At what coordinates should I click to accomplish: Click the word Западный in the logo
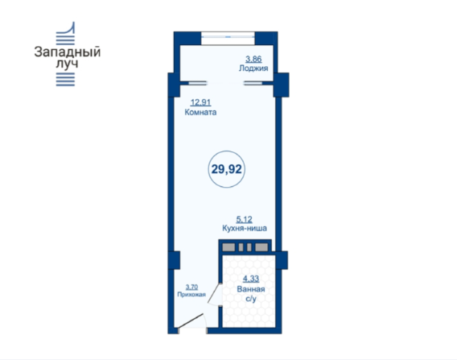click(68, 52)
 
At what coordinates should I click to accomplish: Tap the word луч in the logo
click(67, 64)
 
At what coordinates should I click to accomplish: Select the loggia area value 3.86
click(253, 60)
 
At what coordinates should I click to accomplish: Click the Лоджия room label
click(253, 68)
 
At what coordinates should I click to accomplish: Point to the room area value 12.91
click(201, 102)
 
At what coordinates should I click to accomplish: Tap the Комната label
click(200, 112)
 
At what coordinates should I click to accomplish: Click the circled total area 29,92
click(226, 169)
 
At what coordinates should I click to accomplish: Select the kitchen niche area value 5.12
click(245, 219)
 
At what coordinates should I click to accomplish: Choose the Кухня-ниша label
click(245, 228)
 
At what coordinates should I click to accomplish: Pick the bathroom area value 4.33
click(251, 279)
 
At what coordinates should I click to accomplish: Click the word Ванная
click(251, 289)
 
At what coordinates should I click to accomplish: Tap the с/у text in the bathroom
click(251, 299)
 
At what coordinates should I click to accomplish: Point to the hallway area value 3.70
click(191, 287)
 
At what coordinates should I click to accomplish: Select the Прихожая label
click(191, 295)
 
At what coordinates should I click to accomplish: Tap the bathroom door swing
click(214, 294)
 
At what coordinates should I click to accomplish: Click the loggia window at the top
click(228, 37)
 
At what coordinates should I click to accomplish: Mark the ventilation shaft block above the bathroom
click(245, 246)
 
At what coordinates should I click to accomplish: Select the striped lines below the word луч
click(65, 80)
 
